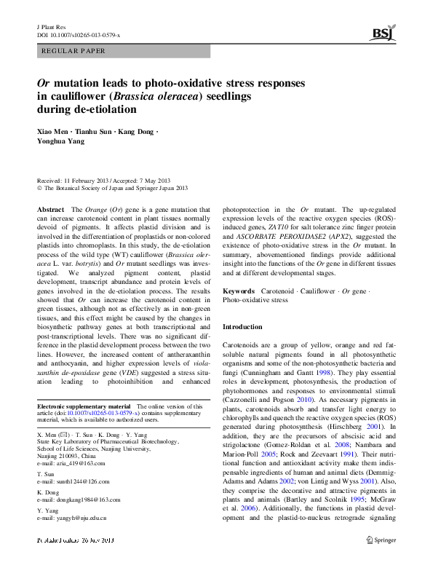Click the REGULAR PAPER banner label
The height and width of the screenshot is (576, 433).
pos(74,51)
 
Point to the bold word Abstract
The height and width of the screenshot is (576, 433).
pos(50,209)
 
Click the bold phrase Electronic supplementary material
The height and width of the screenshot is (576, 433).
pos(83,406)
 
